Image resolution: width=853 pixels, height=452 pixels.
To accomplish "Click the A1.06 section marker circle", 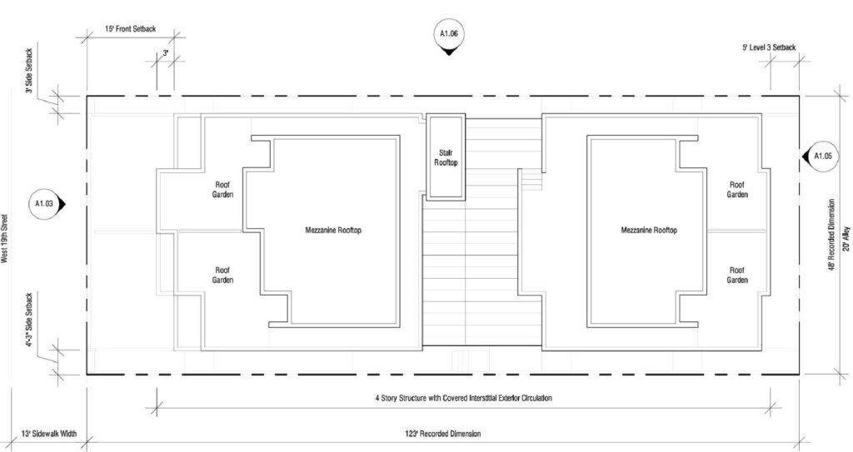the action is tap(448, 34).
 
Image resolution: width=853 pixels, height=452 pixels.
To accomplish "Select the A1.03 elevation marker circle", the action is tap(43, 204).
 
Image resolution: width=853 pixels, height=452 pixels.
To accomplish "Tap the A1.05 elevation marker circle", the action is tap(822, 156).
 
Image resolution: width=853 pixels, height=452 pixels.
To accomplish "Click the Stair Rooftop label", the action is tap(446, 157).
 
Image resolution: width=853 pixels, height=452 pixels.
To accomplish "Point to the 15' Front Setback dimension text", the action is tap(130, 28).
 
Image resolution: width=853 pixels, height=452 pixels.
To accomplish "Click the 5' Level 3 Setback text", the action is tap(769, 47).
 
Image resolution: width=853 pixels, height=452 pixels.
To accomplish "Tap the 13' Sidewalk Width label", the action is tap(49, 434).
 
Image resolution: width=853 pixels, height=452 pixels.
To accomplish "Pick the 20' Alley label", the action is tap(846, 238).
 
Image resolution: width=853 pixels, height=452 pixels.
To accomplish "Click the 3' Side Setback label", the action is tap(29, 71).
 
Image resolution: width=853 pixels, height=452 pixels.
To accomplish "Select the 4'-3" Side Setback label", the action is tap(29, 320).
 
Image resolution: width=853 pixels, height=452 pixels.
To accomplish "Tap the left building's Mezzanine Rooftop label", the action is tap(333, 230).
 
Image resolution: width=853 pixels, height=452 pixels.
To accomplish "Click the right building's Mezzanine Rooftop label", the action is tap(649, 230).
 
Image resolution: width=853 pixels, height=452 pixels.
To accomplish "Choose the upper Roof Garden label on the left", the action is tap(222, 189).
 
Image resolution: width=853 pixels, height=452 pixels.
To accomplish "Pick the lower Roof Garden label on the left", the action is tap(222, 275).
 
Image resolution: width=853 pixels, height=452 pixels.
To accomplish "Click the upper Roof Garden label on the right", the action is tap(737, 189).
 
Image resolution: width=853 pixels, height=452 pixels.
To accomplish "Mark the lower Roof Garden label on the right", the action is tap(737, 275).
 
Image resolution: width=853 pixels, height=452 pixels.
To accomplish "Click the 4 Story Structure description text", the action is tap(463, 398).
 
